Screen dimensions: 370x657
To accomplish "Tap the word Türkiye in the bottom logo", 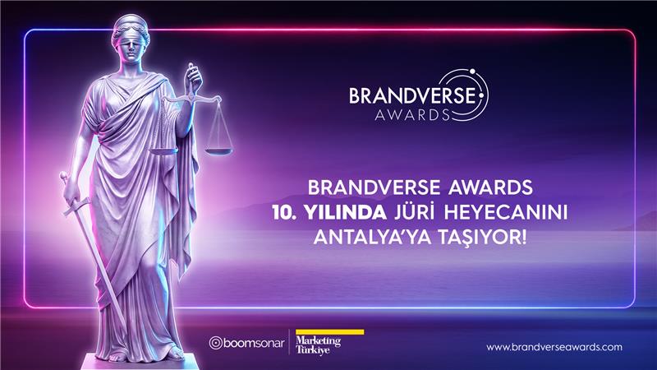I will [313, 351].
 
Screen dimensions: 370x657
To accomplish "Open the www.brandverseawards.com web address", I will [554, 347].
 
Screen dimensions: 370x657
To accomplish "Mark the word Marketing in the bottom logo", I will [317, 340].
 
